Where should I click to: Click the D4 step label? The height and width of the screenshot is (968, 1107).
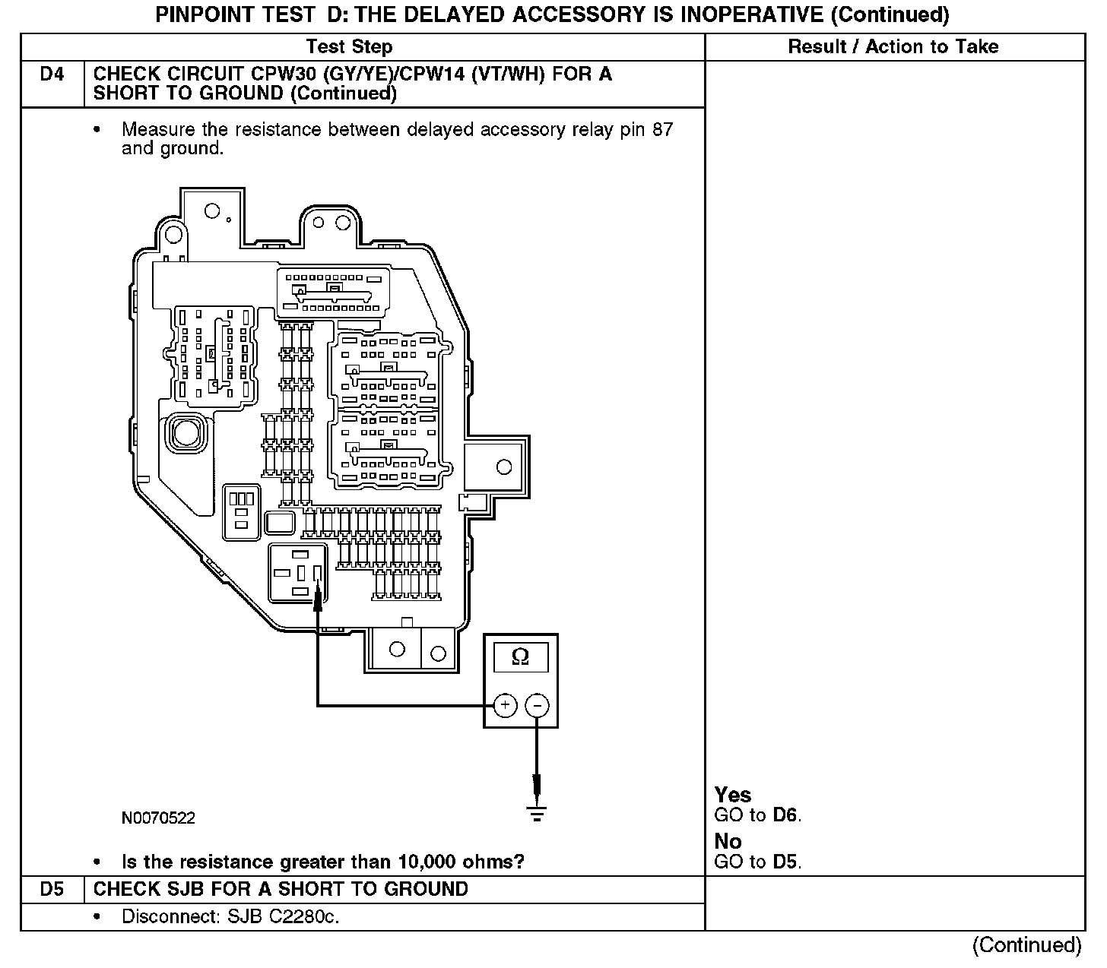52,74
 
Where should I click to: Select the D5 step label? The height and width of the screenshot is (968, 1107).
52,889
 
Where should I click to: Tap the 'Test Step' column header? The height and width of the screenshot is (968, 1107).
350,47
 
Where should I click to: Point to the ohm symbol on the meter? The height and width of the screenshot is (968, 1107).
521,657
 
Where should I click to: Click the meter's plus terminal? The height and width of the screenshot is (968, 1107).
506,706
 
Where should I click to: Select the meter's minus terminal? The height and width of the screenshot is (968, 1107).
537,706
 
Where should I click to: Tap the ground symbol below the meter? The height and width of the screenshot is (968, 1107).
537,814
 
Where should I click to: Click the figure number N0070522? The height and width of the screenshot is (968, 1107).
158,818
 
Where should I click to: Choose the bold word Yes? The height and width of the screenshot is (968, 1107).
733,796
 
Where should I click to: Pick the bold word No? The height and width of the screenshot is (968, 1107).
728,842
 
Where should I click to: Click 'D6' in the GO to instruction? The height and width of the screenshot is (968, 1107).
785,815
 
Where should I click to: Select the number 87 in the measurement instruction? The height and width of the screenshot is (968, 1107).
662,130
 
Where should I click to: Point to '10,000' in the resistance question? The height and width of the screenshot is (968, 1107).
425,862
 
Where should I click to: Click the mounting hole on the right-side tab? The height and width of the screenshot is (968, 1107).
503,467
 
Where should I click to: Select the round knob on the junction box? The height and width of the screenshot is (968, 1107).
185,433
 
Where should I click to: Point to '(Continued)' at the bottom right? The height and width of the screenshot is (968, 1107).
1026,945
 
